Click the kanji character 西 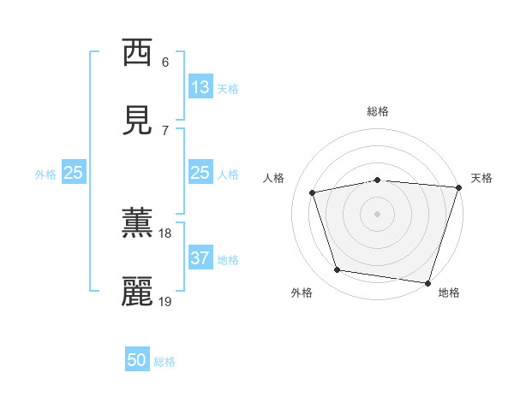pyautogui.click(x=137, y=53)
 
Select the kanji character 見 pyautogui.click(x=137, y=121)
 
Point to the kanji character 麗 pyautogui.click(x=137, y=291)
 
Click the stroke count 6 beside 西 pyautogui.click(x=165, y=62)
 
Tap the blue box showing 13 pyautogui.click(x=200, y=87)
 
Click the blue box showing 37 pyautogui.click(x=200, y=258)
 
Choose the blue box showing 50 pyautogui.click(x=137, y=360)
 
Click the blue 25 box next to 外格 pyautogui.click(x=74, y=173)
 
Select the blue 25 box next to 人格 pyautogui.click(x=200, y=173)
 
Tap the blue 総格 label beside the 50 pyautogui.click(x=164, y=362)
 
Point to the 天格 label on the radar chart pyautogui.click(x=481, y=178)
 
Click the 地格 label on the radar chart pyautogui.click(x=449, y=293)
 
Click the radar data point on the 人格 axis pyautogui.click(x=313, y=192)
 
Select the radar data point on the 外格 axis pyautogui.click(x=338, y=270)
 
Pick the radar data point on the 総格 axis pyautogui.click(x=378, y=180)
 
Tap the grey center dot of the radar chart pyautogui.click(x=378, y=213)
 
